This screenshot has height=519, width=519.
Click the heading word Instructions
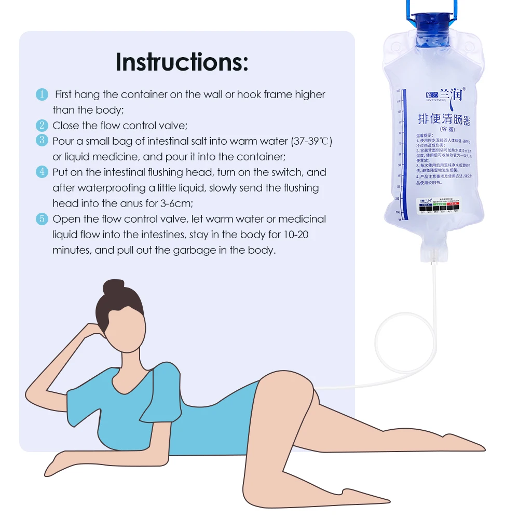(182, 62)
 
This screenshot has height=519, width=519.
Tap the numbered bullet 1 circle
(42, 94)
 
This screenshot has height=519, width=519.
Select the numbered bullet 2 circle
(42, 126)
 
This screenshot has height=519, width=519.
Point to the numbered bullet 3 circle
(42, 141)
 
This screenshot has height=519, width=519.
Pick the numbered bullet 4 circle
(42, 172)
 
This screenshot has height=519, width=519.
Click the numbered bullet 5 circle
(42, 219)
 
